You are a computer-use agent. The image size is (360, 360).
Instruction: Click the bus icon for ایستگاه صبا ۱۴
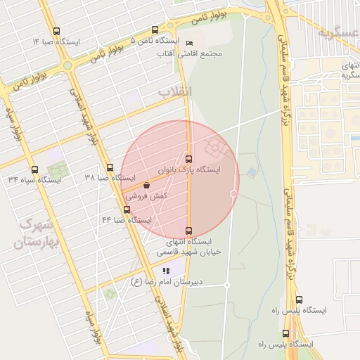(56, 31)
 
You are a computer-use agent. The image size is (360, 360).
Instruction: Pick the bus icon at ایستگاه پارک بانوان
(188, 158)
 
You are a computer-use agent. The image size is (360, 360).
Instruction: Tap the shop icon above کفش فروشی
(146, 185)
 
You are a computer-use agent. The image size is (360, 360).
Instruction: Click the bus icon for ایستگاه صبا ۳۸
(110, 168)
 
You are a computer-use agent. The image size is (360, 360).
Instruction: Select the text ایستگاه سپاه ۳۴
(34, 180)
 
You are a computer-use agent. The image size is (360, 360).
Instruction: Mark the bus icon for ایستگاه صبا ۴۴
(127, 209)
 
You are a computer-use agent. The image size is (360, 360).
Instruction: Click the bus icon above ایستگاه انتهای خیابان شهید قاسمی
(188, 231)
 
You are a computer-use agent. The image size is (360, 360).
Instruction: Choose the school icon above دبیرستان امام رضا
(166, 270)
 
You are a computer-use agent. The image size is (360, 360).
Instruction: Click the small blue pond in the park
(252, 172)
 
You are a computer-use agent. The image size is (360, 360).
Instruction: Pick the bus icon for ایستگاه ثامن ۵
(155, 30)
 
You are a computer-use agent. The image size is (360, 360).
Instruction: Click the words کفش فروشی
(146, 197)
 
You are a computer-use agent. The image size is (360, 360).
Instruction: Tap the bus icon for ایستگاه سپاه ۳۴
(34, 169)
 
